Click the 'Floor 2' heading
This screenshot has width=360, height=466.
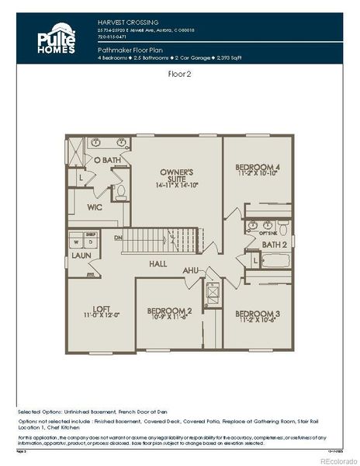point(180,75)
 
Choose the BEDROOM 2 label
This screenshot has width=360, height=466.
point(169,315)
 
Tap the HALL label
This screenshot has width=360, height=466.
point(159,264)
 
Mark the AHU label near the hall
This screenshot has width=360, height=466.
point(190,270)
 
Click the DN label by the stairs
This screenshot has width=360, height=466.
point(118,238)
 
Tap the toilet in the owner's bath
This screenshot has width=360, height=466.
point(120,191)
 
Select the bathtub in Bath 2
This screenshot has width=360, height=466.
point(275,260)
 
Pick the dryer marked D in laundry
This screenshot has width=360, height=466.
point(91,242)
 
